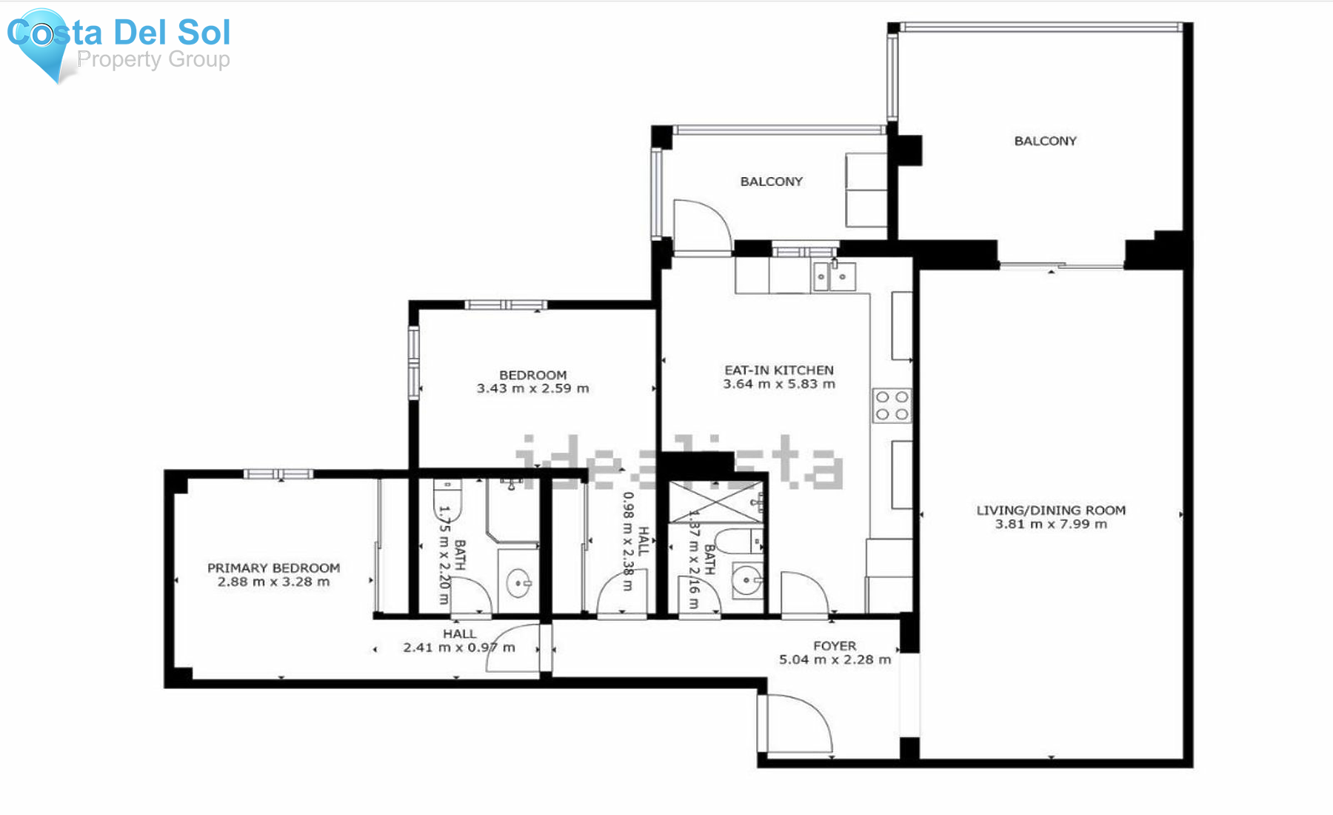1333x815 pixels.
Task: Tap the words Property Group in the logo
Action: tap(153, 59)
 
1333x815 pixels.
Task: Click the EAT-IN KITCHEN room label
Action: tap(779, 370)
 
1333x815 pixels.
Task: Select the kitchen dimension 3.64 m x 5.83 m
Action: tap(779, 384)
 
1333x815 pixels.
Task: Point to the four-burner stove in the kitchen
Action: tap(892, 405)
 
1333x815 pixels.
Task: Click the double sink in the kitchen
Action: tap(833, 277)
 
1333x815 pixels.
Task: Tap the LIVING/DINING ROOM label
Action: tap(1051, 510)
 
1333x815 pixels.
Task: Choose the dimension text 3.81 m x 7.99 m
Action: tap(1051, 524)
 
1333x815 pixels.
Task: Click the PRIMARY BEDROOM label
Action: tap(274, 568)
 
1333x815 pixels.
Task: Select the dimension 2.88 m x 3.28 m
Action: tap(274, 582)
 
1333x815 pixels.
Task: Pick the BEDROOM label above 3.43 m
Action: tap(533, 375)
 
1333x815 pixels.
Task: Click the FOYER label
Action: tap(835, 645)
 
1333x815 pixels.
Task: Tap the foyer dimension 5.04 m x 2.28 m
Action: tap(835, 659)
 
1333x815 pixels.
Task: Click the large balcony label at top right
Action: tap(1045, 141)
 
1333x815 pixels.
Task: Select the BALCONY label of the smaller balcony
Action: tap(772, 182)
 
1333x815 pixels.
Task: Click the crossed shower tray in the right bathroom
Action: tap(715, 502)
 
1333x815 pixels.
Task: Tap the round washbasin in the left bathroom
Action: tap(518, 583)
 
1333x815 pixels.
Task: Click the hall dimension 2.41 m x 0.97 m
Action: tap(459, 648)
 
